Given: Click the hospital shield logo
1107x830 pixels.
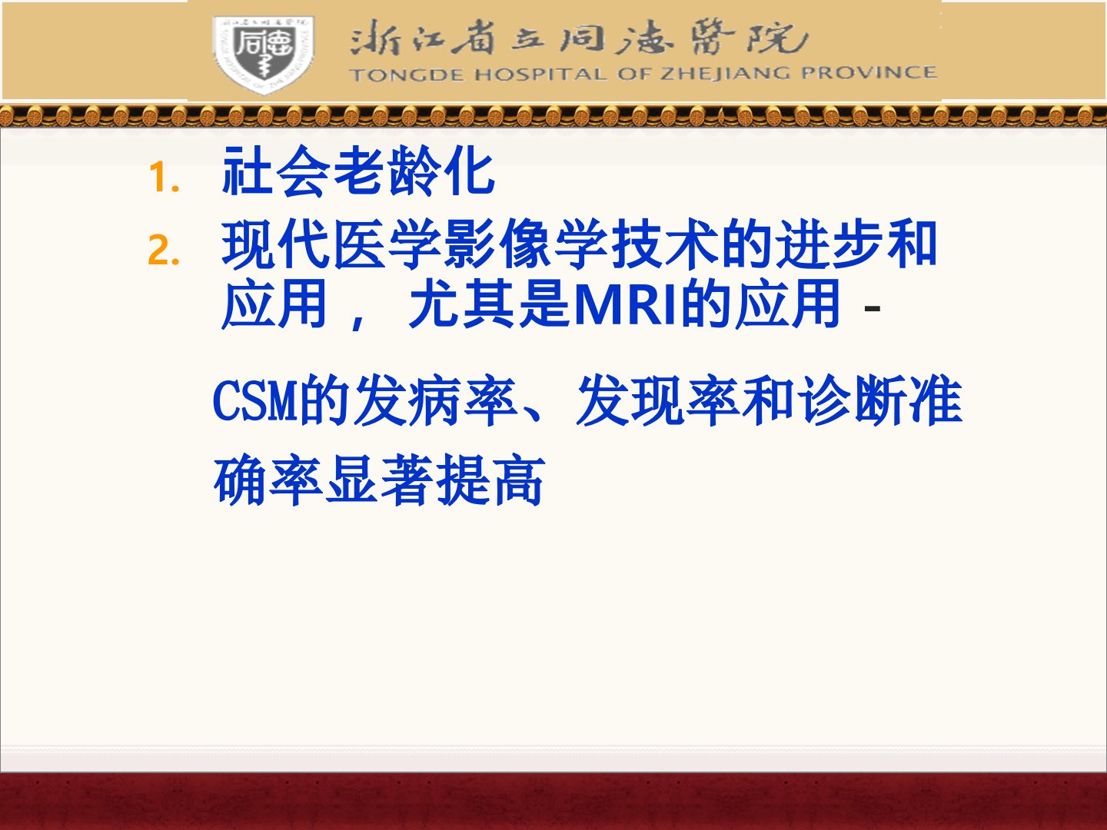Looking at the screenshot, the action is [x=263, y=55].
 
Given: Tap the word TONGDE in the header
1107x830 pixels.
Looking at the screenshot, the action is [x=407, y=75].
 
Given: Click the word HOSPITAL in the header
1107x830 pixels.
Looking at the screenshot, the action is [x=540, y=75].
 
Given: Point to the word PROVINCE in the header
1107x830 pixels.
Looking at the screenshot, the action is [x=869, y=72].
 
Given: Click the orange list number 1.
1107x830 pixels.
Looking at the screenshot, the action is [x=164, y=178].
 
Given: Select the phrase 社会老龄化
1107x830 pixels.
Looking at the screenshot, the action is [x=358, y=171].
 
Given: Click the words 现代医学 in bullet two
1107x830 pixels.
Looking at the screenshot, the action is [x=331, y=244].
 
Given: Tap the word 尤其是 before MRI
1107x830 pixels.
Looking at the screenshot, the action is [x=488, y=304].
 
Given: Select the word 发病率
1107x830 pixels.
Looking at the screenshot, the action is [x=435, y=400].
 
